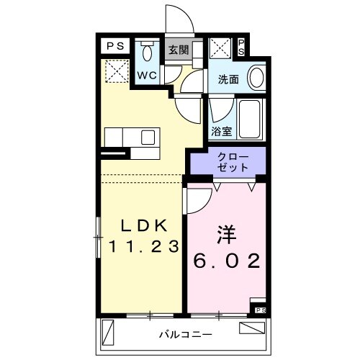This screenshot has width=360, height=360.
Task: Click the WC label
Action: [148, 75]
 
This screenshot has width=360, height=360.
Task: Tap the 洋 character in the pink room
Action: [225, 237]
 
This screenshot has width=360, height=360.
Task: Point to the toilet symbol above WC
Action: [148, 53]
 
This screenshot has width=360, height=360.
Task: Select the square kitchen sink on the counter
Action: [148, 137]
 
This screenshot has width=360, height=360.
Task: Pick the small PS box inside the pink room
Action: [261, 310]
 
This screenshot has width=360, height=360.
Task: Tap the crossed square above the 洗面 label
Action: [220, 50]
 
